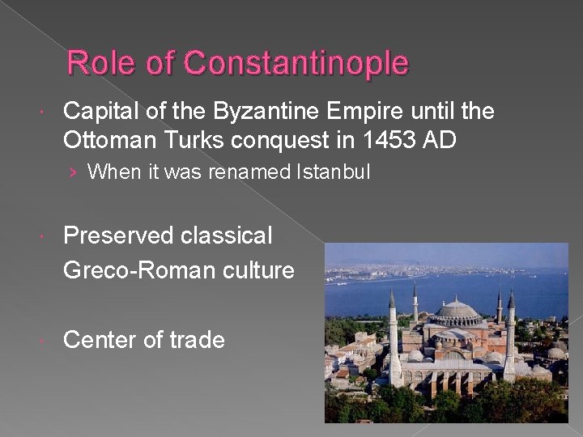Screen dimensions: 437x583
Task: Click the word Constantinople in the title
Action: (x=296, y=62)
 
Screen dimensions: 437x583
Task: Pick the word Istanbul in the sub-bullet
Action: (x=334, y=172)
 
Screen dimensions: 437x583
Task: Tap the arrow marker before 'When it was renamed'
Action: (x=74, y=172)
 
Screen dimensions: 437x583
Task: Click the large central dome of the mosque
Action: (x=458, y=310)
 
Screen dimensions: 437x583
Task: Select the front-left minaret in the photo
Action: (x=393, y=340)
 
